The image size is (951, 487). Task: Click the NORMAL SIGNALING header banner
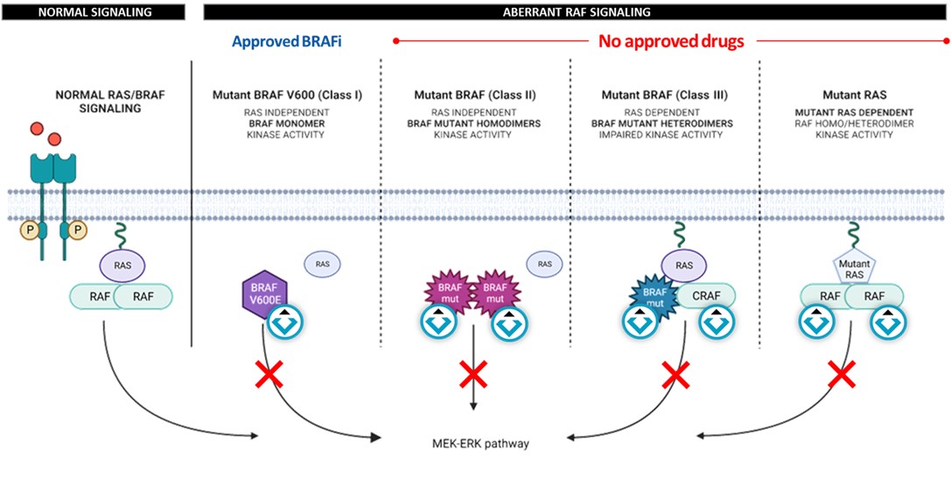click(x=94, y=11)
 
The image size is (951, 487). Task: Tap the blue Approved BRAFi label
click(x=285, y=41)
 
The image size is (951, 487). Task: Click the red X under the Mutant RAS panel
click(x=842, y=377)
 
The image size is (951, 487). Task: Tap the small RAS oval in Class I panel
click(x=322, y=262)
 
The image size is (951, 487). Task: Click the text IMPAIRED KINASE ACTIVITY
click(x=665, y=135)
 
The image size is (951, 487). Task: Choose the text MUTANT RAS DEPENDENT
click(x=854, y=112)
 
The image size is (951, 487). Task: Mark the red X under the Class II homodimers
click(x=473, y=377)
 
